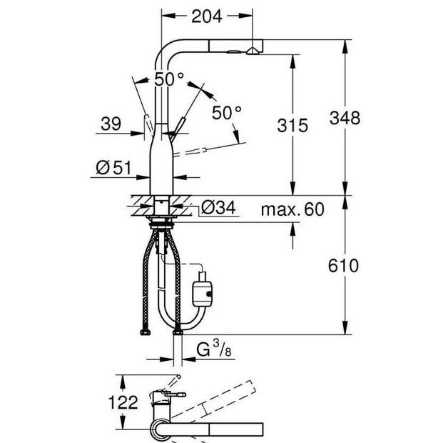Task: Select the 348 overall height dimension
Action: click(345, 117)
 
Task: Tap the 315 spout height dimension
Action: click(292, 126)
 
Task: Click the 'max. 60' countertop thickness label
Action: click(292, 209)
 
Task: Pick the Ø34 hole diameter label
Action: click(219, 209)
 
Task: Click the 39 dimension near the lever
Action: click(111, 124)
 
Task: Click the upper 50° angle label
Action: click(170, 79)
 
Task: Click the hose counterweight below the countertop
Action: click(203, 288)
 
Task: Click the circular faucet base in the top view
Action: click(158, 428)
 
